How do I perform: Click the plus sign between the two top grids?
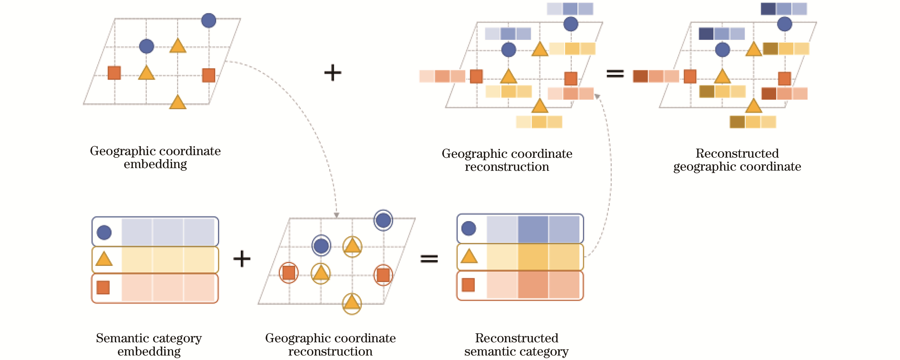click(333, 73)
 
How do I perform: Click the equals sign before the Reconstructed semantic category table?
click(429, 259)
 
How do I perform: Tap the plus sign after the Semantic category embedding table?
click(242, 259)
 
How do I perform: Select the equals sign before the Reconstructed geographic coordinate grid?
click(615, 73)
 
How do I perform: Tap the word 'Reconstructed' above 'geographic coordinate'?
click(737, 153)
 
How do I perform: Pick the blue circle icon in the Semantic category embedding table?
click(104, 232)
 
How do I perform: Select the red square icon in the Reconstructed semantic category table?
click(468, 285)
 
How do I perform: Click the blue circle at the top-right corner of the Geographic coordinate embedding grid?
click(209, 20)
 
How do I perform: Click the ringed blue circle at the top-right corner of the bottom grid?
click(383, 220)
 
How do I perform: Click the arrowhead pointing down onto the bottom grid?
click(336, 215)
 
